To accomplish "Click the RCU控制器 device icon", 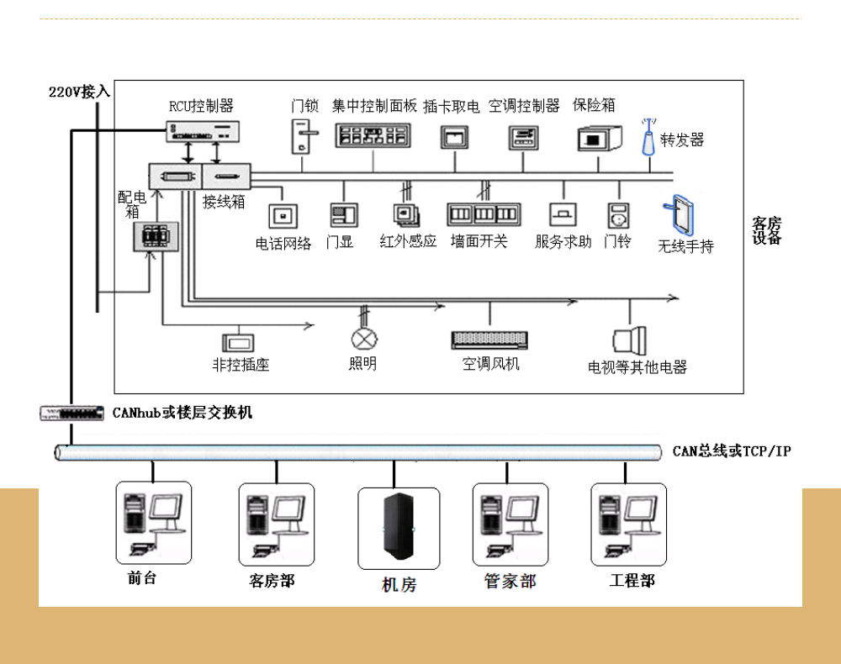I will point(201,130).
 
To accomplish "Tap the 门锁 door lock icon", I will point(304,134).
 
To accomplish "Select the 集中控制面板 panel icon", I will point(372,134).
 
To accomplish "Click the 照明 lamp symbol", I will point(364,339).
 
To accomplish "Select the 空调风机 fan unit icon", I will point(491,340).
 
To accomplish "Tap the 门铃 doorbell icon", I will point(618,216).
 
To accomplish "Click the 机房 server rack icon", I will point(399,527).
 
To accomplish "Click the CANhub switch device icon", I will point(74,413).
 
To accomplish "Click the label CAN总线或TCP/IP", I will point(732,451).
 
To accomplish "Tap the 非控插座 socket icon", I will point(241,343).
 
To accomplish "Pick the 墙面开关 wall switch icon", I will point(483,214).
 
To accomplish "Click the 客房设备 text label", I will point(766,230).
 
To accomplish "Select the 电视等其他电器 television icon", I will point(632,340).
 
